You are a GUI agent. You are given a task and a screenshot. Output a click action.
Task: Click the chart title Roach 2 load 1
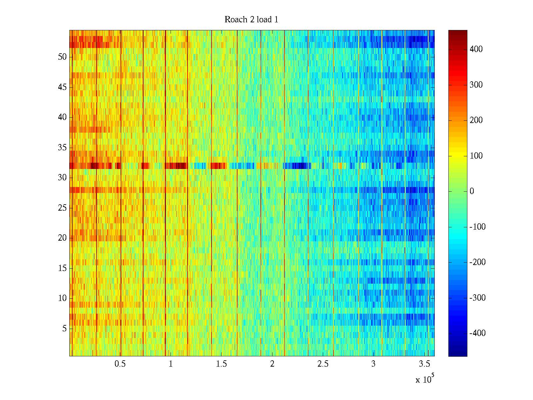point(251,20)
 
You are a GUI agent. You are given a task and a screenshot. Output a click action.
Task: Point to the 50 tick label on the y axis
point(62,57)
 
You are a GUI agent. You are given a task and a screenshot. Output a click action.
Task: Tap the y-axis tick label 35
point(62,148)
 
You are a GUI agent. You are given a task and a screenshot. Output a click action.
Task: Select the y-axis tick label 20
point(62,238)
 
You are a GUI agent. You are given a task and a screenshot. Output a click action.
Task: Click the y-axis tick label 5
point(64,329)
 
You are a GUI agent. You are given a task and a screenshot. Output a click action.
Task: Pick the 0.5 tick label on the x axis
point(120,364)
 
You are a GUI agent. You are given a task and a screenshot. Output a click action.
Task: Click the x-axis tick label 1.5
point(222,364)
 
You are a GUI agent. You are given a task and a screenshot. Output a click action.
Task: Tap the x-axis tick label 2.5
point(323,364)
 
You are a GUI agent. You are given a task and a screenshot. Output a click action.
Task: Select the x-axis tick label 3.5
point(424,364)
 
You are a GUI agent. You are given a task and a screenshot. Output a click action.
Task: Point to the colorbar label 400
point(476,49)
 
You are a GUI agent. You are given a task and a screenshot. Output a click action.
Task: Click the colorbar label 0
point(472,191)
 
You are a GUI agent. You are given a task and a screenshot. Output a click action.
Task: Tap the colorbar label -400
point(477,333)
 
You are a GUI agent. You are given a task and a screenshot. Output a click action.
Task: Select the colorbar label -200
point(477,262)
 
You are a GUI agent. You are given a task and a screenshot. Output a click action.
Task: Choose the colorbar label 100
point(476,156)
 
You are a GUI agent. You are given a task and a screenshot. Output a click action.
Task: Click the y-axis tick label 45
point(62,87)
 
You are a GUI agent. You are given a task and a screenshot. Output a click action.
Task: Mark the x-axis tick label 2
point(272,364)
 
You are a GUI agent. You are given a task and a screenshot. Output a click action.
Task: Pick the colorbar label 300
point(476,85)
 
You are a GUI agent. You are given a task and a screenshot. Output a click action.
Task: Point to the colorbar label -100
point(477,227)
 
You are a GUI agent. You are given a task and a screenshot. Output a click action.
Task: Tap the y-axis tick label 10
point(62,298)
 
